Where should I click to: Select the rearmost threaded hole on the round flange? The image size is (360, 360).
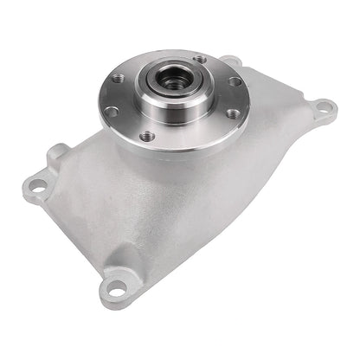point(200,60)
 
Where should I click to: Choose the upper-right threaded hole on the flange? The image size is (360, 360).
point(235,81)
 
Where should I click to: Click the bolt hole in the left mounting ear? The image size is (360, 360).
point(37,183)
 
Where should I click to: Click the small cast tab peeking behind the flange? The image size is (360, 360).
point(230,61)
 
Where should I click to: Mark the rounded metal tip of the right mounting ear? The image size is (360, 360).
point(332,107)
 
